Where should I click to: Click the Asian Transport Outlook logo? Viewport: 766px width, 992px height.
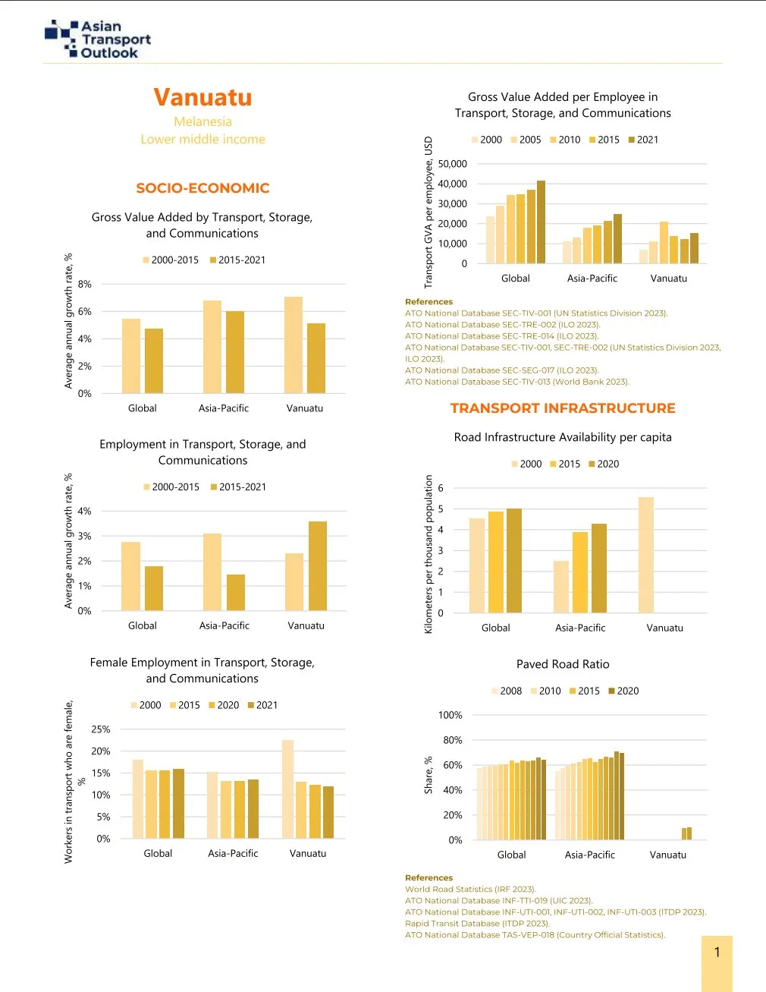(98, 39)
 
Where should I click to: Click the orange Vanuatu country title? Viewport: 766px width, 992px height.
(202, 97)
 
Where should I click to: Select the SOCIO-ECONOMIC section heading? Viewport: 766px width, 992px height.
(202, 188)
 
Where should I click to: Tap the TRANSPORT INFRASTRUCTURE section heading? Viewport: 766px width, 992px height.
(562, 408)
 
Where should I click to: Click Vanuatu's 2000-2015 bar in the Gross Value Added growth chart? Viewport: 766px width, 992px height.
(294, 345)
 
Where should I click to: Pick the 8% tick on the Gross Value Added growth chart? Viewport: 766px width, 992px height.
(84, 284)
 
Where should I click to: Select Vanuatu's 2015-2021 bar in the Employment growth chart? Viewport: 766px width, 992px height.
(317, 565)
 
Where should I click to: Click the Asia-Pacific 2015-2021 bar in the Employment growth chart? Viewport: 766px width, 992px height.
(236, 592)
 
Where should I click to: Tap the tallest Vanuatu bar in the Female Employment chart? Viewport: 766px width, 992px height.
(287, 789)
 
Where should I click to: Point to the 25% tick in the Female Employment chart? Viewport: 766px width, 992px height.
(101, 729)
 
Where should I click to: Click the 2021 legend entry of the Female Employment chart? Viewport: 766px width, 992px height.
(262, 705)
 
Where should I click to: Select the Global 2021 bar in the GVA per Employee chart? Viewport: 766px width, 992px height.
(541, 222)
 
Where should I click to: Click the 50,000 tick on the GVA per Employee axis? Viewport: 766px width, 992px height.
(452, 164)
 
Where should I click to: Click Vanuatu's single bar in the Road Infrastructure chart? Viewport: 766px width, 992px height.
(646, 555)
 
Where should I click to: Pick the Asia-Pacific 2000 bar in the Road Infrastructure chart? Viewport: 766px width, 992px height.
(561, 587)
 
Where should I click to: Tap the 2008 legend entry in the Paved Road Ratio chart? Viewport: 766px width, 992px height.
(507, 691)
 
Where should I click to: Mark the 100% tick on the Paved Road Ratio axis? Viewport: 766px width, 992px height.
(450, 715)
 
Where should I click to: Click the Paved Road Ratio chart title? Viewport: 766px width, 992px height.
(563, 664)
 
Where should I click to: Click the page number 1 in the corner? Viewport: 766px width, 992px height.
(717, 953)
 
